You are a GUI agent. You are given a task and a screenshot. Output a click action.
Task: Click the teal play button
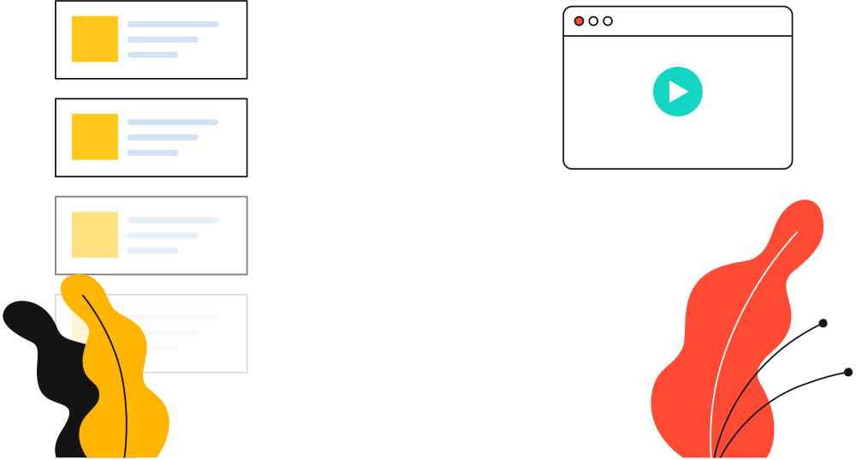[x=677, y=92]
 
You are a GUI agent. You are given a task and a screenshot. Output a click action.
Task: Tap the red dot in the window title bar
[x=579, y=21]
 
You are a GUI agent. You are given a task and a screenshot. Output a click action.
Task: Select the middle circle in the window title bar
[x=593, y=21]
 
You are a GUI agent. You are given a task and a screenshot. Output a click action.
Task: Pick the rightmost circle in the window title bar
[x=608, y=21]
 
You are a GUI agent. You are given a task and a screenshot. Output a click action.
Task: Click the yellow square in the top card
[x=94, y=39]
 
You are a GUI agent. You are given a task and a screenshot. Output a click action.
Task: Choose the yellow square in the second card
[x=94, y=137]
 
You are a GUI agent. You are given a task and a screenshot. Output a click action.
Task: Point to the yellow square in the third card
[x=94, y=235]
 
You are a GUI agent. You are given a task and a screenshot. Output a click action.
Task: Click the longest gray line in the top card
[x=173, y=25]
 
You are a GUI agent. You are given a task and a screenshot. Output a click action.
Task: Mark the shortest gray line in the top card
[x=152, y=55]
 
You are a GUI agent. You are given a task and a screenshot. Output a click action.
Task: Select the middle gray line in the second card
[x=163, y=137]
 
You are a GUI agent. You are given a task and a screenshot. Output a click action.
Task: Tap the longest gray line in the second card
[x=173, y=122]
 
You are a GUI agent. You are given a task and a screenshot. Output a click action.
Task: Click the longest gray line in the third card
[x=173, y=220]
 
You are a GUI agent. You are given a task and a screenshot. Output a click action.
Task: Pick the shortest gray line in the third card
[x=152, y=250]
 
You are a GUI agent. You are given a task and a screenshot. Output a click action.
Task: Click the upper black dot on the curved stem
[x=823, y=324]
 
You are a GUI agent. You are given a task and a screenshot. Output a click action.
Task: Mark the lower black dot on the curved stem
[x=847, y=372]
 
